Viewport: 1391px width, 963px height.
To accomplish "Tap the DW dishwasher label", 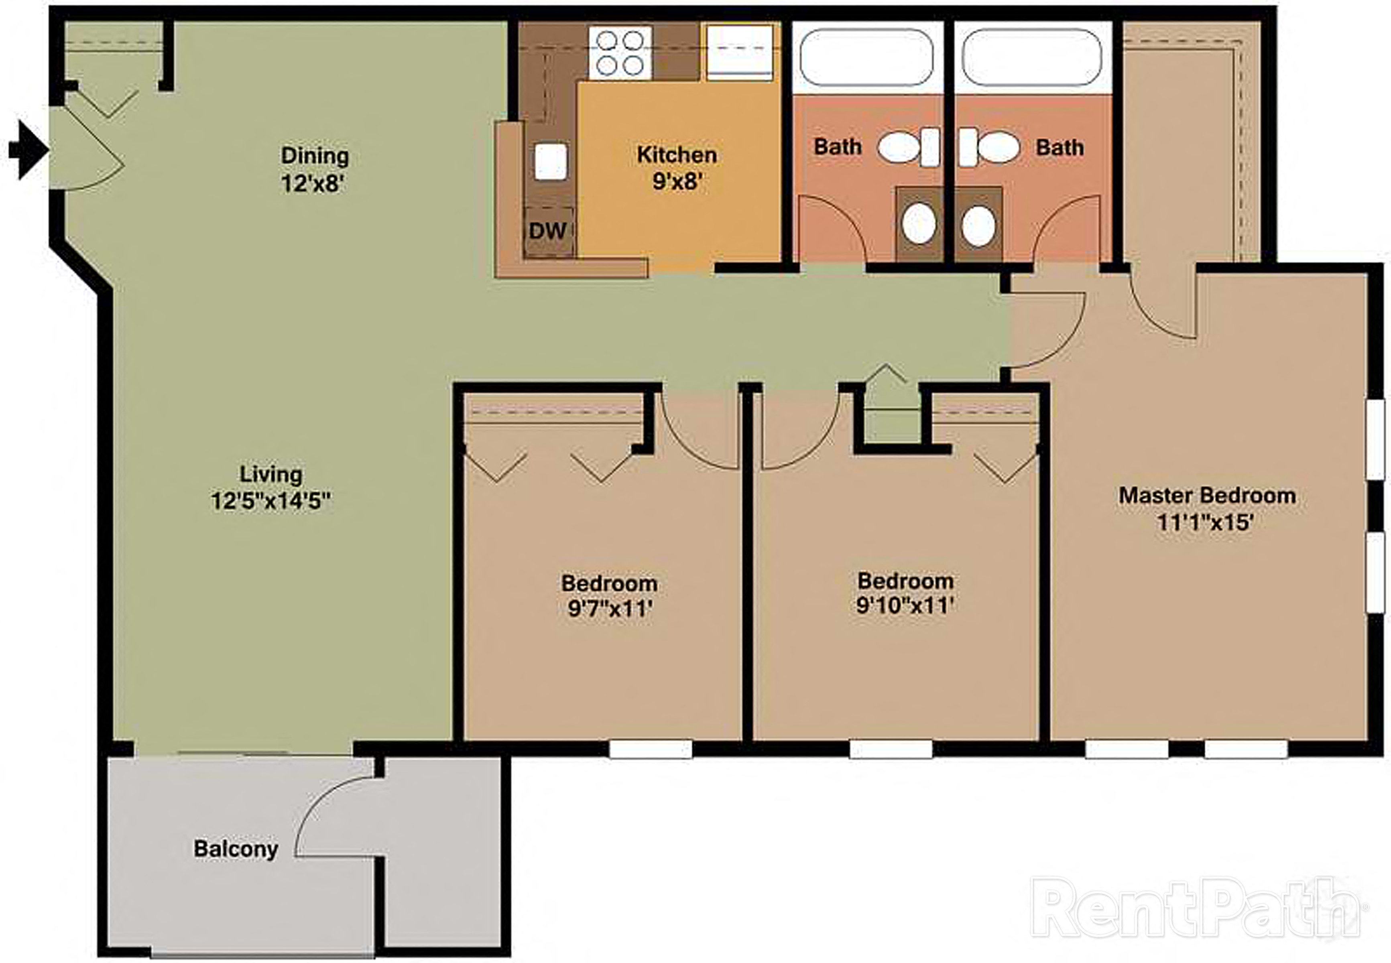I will point(548,230).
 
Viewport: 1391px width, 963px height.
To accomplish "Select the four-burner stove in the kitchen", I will point(620,53).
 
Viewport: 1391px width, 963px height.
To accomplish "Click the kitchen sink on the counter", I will point(550,161).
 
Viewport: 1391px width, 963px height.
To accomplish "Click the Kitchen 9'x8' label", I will point(677,168).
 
